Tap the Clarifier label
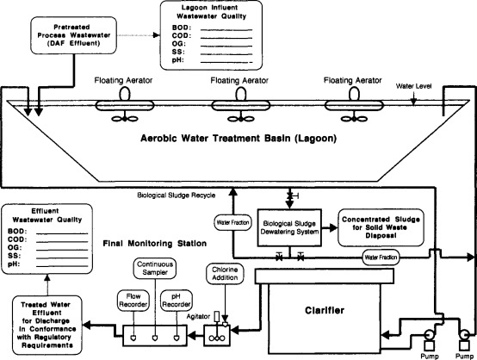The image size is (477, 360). [x=325, y=310]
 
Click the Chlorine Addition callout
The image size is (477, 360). [x=225, y=274]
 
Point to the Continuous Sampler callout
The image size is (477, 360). [x=155, y=269]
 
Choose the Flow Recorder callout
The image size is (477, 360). [x=133, y=301]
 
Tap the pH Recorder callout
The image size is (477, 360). [x=177, y=301]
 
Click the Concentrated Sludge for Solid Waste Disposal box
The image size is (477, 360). [x=381, y=227]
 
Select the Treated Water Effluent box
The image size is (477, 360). [x=47, y=325]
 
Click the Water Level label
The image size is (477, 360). [x=414, y=86]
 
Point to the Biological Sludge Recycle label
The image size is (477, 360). [x=177, y=196]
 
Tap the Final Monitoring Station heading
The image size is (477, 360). [x=155, y=244]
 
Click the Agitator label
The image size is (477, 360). [x=198, y=316]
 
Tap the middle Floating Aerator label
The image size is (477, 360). [x=239, y=81]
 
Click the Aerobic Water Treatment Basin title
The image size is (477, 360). [x=238, y=139]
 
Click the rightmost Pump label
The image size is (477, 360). [x=465, y=356]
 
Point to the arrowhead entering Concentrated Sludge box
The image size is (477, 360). [x=333, y=227]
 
